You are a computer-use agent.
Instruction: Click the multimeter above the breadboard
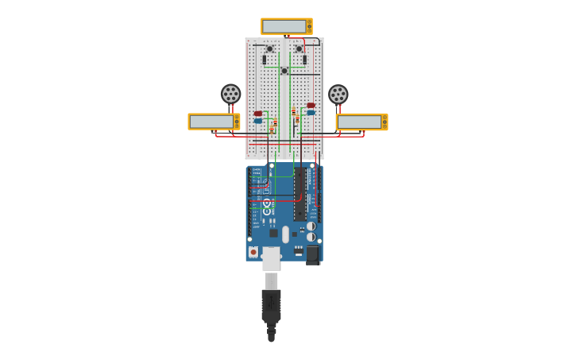(286, 26)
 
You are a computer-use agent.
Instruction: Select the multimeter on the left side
(214, 122)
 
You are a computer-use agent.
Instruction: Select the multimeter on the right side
(361, 122)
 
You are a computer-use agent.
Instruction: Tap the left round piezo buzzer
(230, 94)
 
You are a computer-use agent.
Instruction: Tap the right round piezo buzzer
(338, 95)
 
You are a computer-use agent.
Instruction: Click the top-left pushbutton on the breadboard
(269, 49)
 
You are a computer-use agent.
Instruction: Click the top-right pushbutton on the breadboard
(299, 49)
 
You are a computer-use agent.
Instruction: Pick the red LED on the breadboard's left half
(258, 114)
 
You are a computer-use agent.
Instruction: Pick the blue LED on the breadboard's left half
(258, 121)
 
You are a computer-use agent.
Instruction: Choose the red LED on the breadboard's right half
(311, 105)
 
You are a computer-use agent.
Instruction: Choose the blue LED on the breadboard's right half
(311, 112)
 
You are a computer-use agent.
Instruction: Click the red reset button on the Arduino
(253, 252)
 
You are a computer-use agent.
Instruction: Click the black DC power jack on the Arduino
(312, 254)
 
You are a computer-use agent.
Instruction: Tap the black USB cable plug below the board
(271, 306)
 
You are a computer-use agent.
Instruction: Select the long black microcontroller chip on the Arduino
(300, 195)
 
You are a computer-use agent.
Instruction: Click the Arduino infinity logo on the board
(267, 203)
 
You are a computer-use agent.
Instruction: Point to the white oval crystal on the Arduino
(285, 234)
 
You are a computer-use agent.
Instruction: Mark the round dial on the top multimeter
(308, 26)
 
